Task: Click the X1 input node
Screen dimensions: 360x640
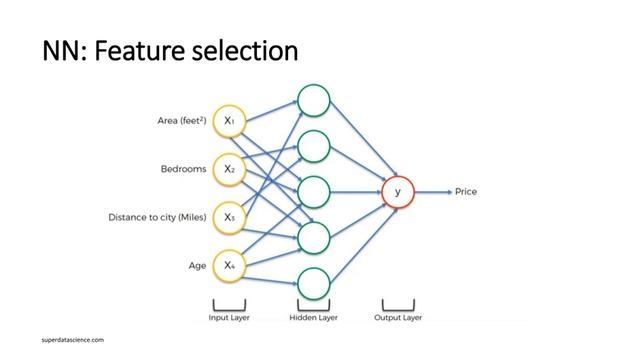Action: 229,121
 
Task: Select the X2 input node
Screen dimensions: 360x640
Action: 229,169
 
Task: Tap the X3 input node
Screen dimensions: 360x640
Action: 229,217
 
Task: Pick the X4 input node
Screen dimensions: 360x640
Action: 229,265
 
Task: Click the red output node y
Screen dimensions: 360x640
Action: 398,191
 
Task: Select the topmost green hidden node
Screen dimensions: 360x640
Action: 313,100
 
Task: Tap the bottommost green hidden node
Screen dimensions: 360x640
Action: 313,284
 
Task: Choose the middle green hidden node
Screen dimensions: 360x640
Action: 313,191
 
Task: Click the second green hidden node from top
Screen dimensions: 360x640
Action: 313,146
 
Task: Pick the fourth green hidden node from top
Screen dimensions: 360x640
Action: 313,238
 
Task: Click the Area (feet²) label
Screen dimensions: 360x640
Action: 182,121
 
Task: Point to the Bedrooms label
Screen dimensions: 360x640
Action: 184,169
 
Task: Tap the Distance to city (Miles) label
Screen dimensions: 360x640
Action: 157,217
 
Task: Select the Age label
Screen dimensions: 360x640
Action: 198,265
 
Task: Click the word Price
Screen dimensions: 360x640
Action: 467,191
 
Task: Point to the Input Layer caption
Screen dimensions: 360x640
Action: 229,318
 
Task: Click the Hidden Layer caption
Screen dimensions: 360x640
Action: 313,318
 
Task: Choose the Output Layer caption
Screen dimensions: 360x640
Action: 398,318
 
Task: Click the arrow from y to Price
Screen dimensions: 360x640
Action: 433,191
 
